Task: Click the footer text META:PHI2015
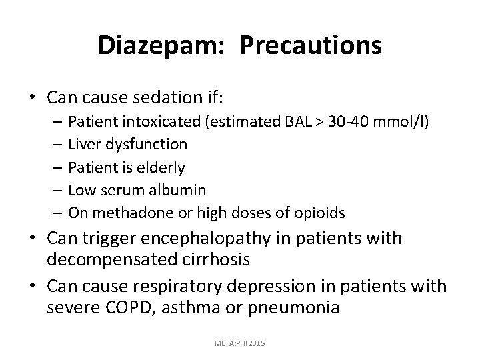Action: (x=240, y=343)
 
